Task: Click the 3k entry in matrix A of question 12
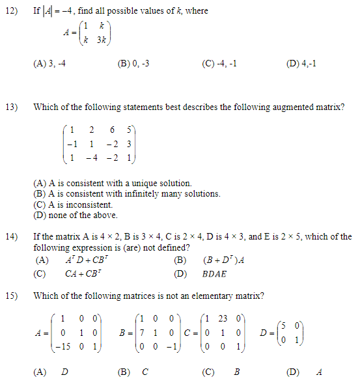[102, 40]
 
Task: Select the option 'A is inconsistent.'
[72, 204]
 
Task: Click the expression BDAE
[214, 274]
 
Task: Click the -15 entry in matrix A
[61, 348]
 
